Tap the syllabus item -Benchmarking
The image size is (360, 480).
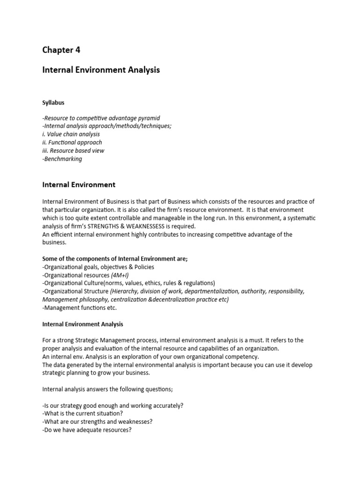coord(62,159)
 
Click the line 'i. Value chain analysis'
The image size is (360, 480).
coord(71,134)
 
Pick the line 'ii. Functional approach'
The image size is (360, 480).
coord(72,142)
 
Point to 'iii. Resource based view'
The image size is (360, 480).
coord(73,150)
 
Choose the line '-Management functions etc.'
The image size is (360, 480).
coord(79,307)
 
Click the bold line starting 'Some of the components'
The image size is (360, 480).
coord(115,259)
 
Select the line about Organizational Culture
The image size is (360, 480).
coord(128,283)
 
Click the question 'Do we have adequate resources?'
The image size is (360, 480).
coord(87,430)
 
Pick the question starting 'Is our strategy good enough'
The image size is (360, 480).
coord(112,405)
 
